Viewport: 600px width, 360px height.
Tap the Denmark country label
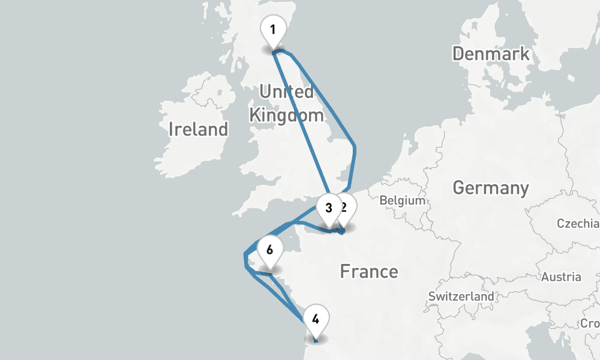click(491, 53)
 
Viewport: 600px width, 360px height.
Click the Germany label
click(491, 188)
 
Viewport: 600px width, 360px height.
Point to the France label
click(368, 271)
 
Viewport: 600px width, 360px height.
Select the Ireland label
click(198, 129)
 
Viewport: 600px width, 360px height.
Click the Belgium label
click(402, 200)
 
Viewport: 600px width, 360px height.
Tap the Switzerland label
click(461, 296)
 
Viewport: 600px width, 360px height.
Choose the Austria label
click(561, 277)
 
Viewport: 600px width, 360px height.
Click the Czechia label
click(577, 224)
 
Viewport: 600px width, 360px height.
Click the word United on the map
click(286, 92)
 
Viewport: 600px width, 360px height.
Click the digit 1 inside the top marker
click(273, 29)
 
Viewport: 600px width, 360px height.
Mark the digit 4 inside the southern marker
click(316, 319)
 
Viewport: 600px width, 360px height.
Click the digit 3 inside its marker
click(328, 208)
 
